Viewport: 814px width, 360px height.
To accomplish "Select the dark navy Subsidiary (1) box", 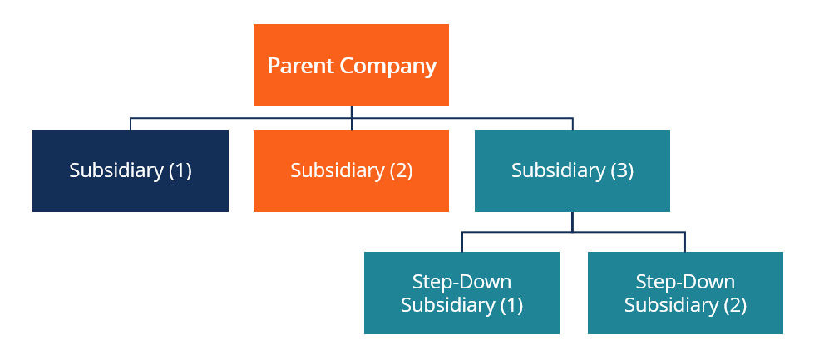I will click(131, 170).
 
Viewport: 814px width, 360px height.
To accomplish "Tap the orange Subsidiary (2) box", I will click(351, 170).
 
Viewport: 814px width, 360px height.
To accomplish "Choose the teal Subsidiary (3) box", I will click(572, 170).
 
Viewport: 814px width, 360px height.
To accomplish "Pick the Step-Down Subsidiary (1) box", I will click(461, 293).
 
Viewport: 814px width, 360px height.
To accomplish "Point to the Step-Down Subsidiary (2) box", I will click(685, 293).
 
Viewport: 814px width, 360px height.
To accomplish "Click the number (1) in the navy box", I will click(180, 170).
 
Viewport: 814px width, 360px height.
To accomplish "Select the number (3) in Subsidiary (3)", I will click(622, 170).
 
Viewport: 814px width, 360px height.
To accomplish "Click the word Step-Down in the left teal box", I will click(461, 281).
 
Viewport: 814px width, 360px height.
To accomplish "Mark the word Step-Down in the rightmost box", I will click(685, 281).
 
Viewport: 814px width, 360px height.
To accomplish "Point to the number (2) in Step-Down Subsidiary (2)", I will click(734, 305).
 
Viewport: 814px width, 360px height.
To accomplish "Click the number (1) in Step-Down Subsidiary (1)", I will click(511, 305).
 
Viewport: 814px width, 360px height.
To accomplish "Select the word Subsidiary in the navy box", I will click(116, 170).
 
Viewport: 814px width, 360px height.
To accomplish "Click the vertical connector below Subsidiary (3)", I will click(572, 221).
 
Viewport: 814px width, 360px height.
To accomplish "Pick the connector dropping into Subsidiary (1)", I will click(131, 124).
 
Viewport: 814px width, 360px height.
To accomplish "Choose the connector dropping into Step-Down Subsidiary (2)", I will click(685, 242).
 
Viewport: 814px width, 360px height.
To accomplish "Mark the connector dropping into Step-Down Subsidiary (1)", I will click(461, 242).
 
